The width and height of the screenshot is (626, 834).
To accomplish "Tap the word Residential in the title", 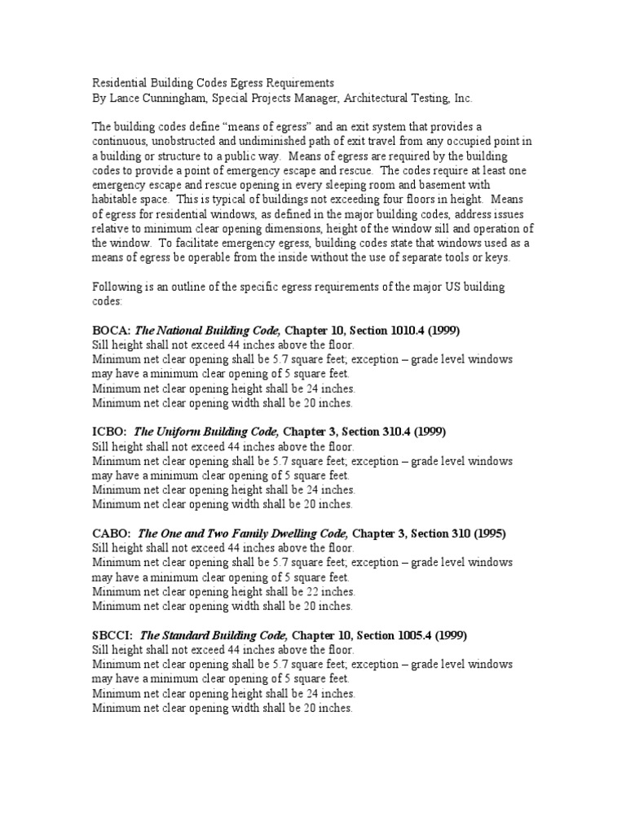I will [x=119, y=83].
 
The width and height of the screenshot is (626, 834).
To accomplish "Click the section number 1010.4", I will [x=383, y=329].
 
